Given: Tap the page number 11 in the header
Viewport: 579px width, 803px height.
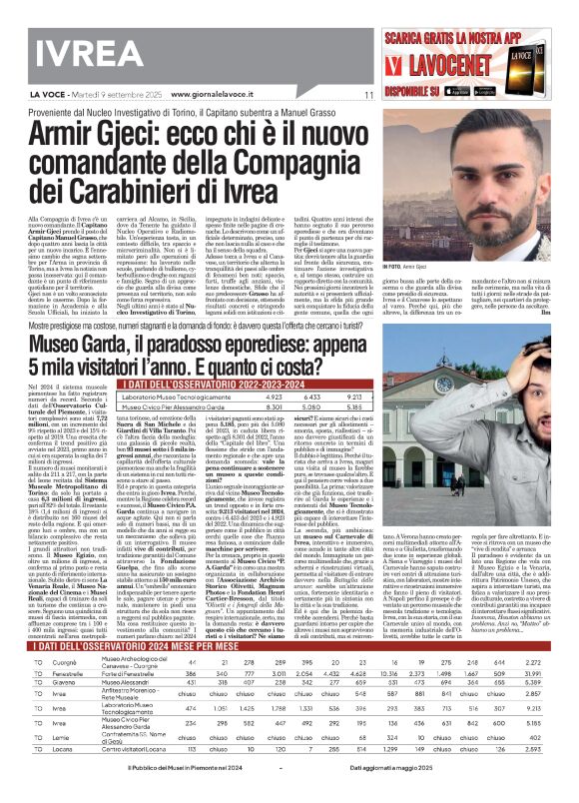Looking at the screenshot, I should (x=369, y=95).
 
